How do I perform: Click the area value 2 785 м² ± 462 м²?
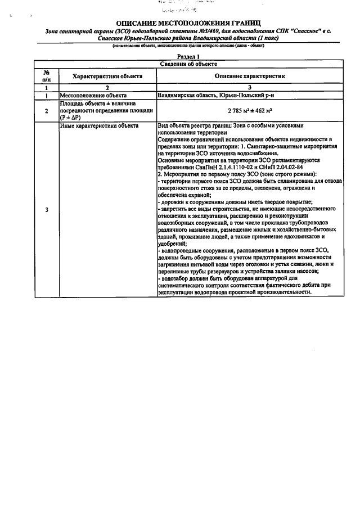(249, 110)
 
